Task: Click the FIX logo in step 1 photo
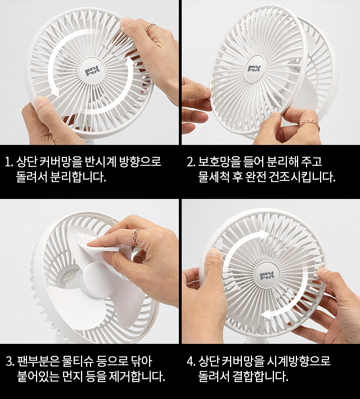[92, 72]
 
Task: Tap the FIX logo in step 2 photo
[254, 69]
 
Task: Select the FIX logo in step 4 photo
[267, 275]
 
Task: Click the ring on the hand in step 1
[151, 26]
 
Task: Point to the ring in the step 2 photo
[310, 123]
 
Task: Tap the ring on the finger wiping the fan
[136, 235]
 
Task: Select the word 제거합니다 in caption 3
[137, 377]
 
